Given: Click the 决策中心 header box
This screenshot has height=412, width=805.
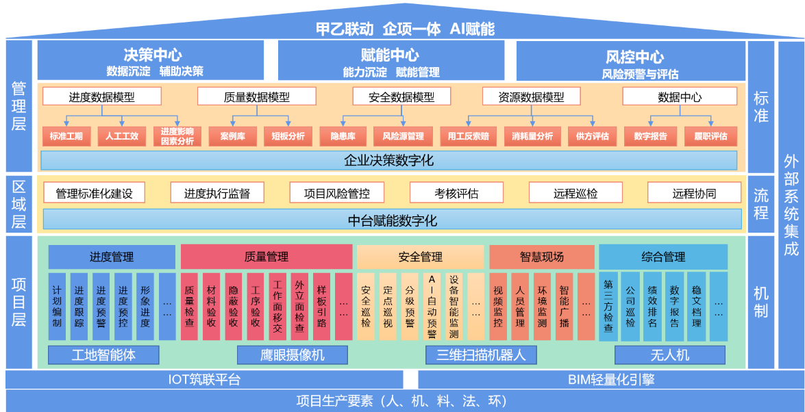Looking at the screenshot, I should pyautogui.click(x=150, y=60).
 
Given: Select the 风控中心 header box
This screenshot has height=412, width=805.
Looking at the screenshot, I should pyautogui.click(x=630, y=60).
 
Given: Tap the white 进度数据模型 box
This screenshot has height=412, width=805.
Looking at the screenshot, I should pyautogui.click(x=102, y=96).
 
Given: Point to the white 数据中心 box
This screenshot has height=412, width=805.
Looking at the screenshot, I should pyautogui.click(x=679, y=96).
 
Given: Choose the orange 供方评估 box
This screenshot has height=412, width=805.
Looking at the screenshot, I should pyautogui.click(x=591, y=136).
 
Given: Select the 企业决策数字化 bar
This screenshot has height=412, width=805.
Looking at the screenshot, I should pyautogui.click(x=388, y=161).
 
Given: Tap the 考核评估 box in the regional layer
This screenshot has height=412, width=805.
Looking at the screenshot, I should pyautogui.click(x=456, y=193).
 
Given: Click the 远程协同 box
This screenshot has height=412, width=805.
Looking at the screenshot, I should pyautogui.click(x=695, y=193).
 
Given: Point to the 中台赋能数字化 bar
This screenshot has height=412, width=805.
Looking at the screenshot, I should pyautogui.click(x=392, y=220).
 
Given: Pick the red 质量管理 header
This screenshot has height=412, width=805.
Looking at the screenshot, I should pyautogui.click(x=266, y=257).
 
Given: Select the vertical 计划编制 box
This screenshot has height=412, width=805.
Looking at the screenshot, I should pyautogui.click(x=57, y=307).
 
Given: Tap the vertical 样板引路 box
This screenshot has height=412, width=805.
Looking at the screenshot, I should pyautogui.click(x=321, y=307).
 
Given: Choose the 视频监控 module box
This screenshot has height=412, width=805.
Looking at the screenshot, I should pyautogui.click(x=498, y=307).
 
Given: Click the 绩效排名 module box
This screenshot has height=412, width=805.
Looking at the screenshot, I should pyautogui.click(x=652, y=307).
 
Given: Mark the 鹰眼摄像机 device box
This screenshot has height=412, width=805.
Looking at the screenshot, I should pyautogui.click(x=293, y=355).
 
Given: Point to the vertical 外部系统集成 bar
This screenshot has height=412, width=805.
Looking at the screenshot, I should pyautogui.click(x=791, y=205).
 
